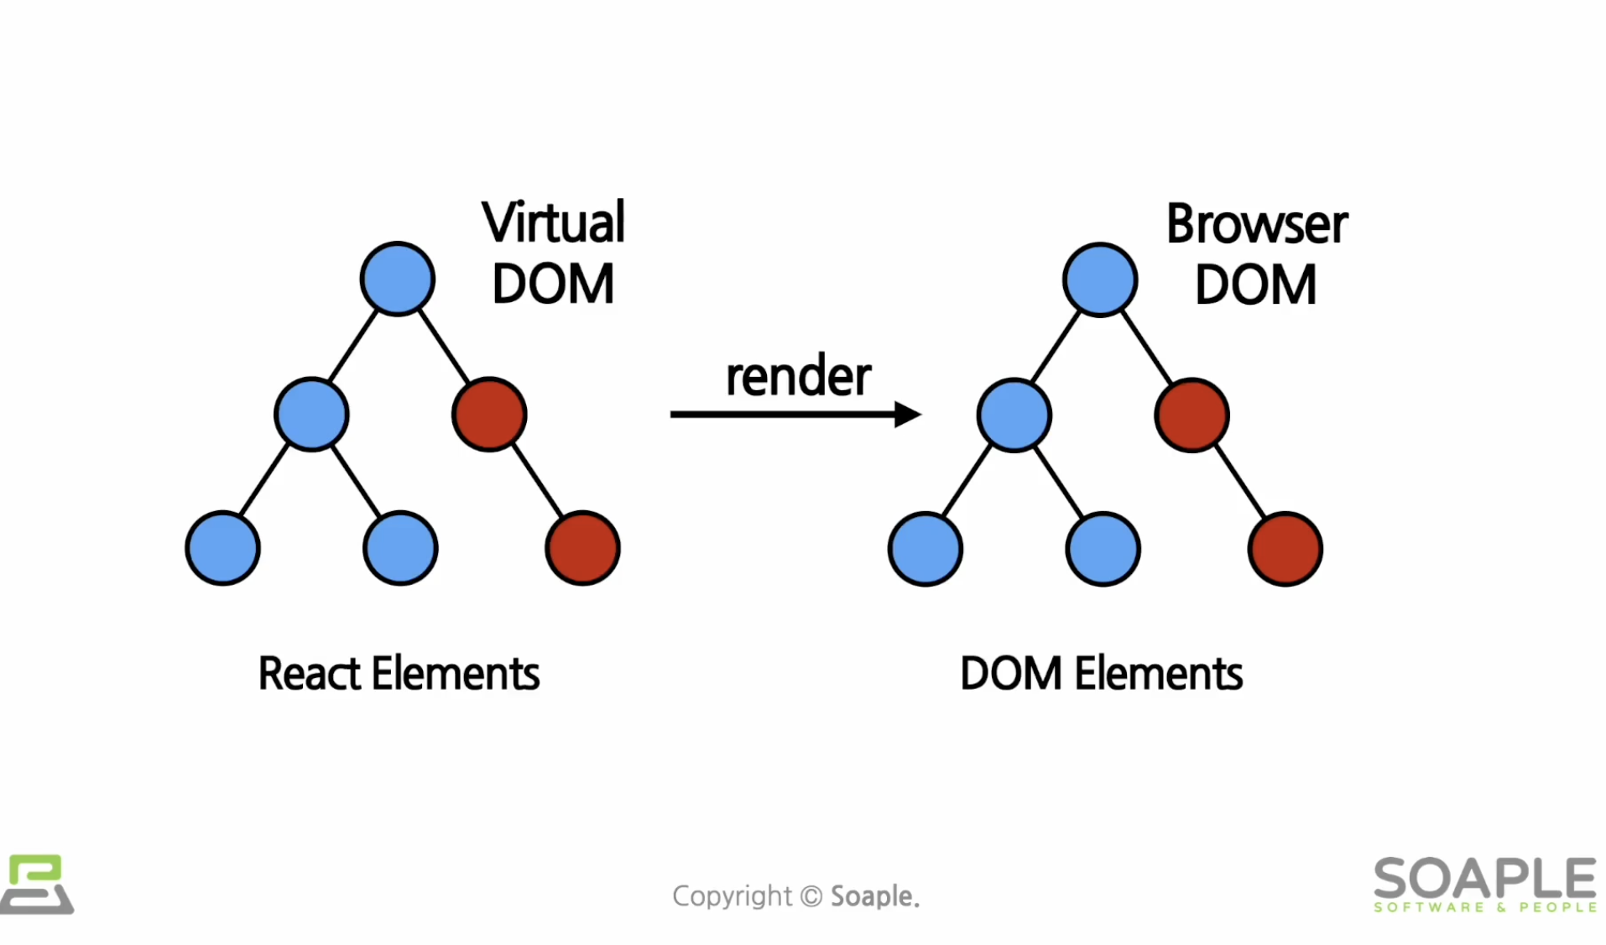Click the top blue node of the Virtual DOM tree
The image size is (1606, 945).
pyautogui.click(x=397, y=279)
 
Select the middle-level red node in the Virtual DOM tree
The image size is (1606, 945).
pyautogui.click(x=489, y=415)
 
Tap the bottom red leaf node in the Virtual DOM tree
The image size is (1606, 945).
pyautogui.click(x=582, y=548)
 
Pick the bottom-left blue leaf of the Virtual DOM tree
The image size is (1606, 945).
pyautogui.click(x=222, y=548)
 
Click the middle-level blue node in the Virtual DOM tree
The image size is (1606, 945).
pyautogui.click(x=311, y=415)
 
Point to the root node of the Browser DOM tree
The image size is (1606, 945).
pyautogui.click(x=1099, y=279)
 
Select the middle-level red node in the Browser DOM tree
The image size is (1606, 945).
pyautogui.click(x=1191, y=415)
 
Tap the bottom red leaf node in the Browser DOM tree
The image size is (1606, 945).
pyautogui.click(x=1285, y=549)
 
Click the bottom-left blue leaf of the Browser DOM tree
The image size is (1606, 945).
pyautogui.click(x=925, y=549)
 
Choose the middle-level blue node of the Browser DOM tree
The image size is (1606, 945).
pyautogui.click(x=1014, y=415)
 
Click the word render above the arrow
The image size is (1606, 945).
pyautogui.click(x=798, y=377)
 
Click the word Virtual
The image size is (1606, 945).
pyautogui.click(x=553, y=223)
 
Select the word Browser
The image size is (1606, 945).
pyautogui.click(x=1256, y=225)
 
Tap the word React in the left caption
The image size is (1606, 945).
pyautogui.click(x=309, y=674)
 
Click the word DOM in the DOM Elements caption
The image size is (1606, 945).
pyautogui.click(x=1010, y=674)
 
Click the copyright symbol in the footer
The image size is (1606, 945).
pyautogui.click(x=811, y=895)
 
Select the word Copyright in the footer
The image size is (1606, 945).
pyautogui.click(x=732, y=896)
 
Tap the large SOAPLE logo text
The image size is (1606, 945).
pyautogui.click(x=1484, y=878)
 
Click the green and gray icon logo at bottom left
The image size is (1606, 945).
pyautogui.click(x=36, y=884)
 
